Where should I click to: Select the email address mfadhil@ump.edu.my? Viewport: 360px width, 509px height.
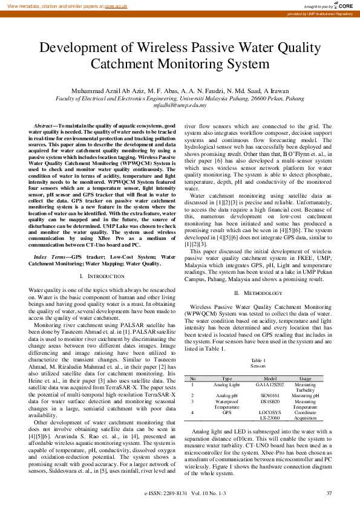click(x=180, y=105)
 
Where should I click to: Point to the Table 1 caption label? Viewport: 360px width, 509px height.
click(x=258, y=360)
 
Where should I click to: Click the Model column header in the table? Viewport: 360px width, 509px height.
click(x=270, y=378)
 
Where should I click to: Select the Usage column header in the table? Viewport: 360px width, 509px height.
click(x=305, y=378)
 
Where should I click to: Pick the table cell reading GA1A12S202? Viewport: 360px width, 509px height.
click(x=270, y=384)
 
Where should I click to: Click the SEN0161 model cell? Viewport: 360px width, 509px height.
click(x=270, y=395)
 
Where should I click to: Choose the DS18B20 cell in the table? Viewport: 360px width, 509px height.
click(x=270, y=400)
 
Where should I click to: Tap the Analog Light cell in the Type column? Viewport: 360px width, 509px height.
click(x=227, y=384)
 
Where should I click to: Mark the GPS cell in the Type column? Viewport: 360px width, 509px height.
click(x=227, y=412)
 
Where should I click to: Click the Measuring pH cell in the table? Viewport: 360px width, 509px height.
click(x=305, y=395)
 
